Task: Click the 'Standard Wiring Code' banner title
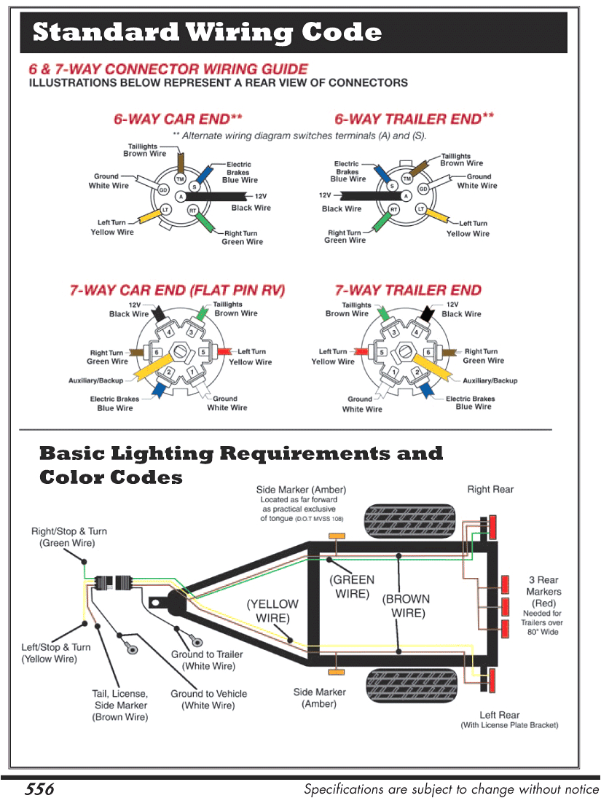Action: [x=208, y=33]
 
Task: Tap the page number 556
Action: [x=39, y=789]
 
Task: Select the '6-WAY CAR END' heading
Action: [x=178, y=119]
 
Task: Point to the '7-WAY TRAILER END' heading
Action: [x=408, y=290]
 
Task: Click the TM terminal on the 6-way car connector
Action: [x=180, y=179]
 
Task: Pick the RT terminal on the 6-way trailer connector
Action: [x=394, y=210]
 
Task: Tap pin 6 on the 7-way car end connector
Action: [x=157, y=353]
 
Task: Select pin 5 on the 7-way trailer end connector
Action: [x=382, y=353]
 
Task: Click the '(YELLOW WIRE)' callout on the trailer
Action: [x=272, y=611]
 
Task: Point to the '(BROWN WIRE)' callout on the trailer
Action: [x=406, y=606]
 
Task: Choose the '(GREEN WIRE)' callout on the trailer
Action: [x=353, y=587]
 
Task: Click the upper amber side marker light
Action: [x=337, y=536]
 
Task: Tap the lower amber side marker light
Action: [x=337, y=670]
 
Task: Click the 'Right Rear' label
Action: [x=490, y=490]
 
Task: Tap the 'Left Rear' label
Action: [x=500, y=715]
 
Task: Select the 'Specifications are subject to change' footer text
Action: [x=450, y=789]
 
